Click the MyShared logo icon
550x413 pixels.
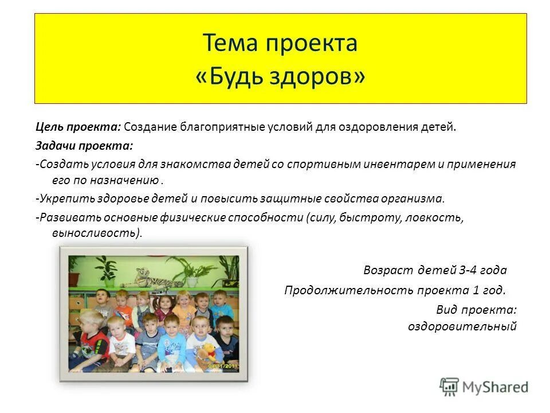[x=450, y=387]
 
